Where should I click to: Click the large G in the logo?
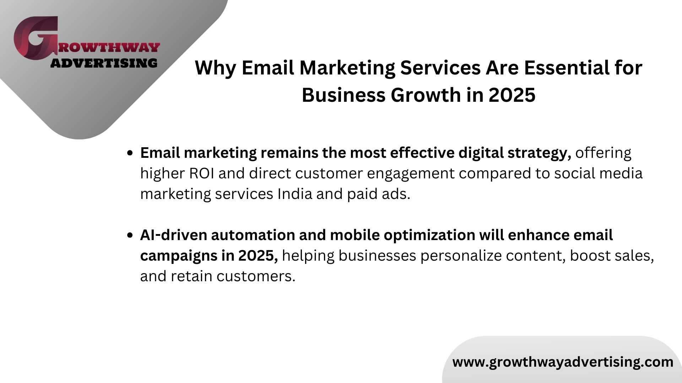36,38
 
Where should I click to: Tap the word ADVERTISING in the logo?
104,63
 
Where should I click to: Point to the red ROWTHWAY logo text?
109,48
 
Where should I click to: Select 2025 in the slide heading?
512,95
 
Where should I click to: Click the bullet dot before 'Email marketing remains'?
130,153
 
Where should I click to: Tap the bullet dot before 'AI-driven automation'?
130,235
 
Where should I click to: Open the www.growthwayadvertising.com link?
563,362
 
